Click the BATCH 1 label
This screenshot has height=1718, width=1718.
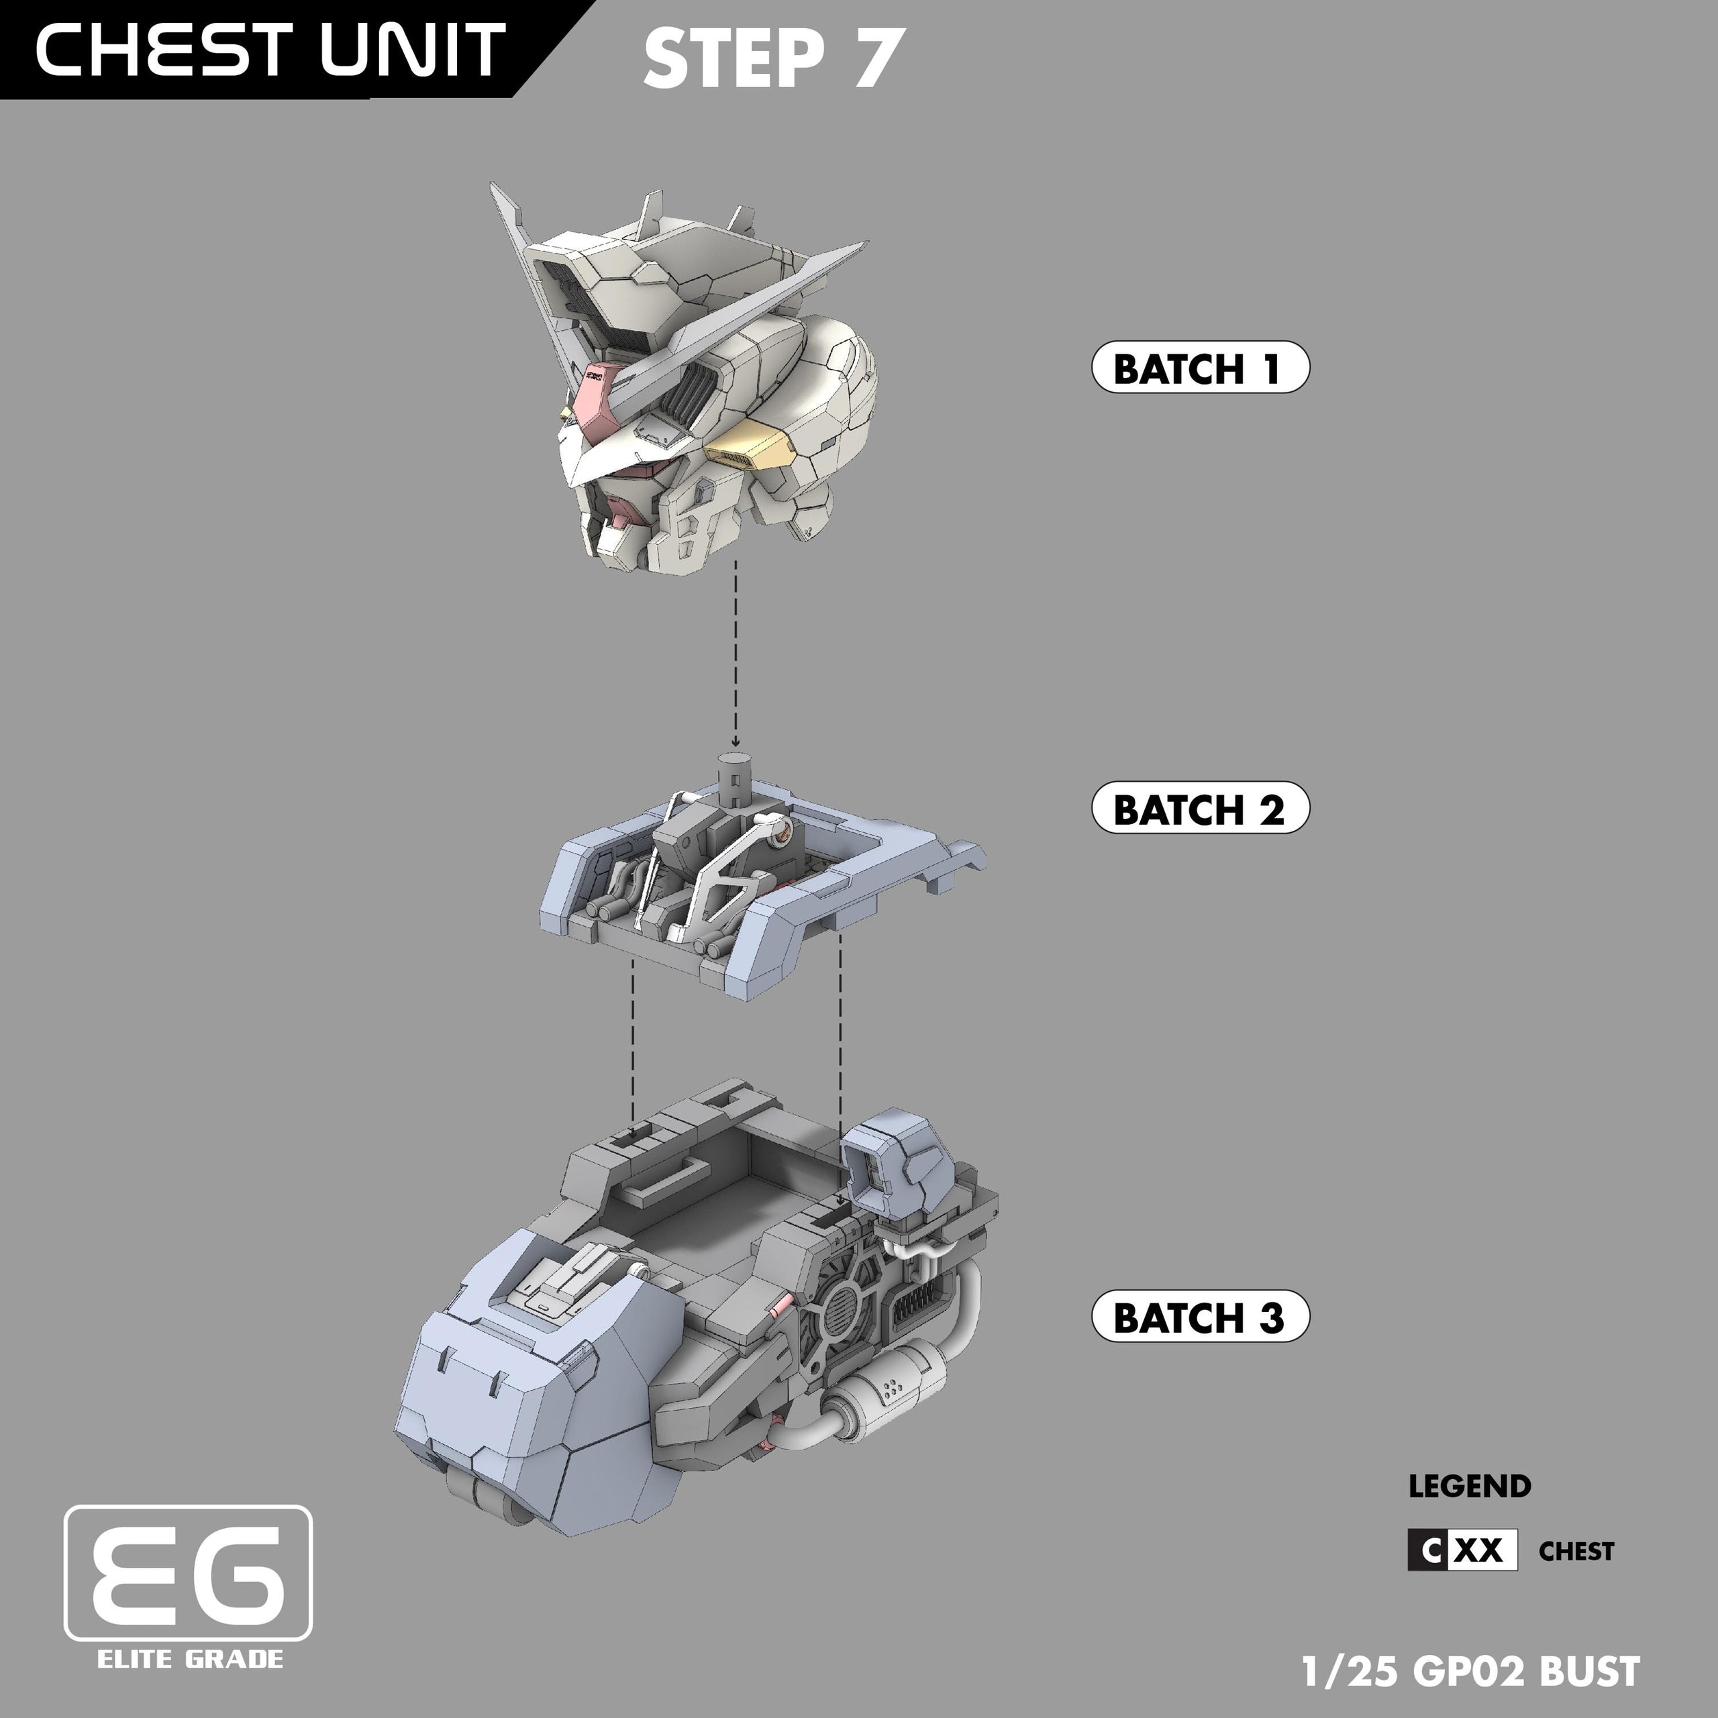point(1199,367)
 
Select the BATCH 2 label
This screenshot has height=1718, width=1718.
point(1199,807)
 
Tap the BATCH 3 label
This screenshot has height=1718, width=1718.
point(1199,1316)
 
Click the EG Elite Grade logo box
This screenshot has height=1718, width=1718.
point(189,1572)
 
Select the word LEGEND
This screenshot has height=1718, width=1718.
point(1469,1486)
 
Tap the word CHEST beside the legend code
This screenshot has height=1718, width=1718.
point(1576,1552)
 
